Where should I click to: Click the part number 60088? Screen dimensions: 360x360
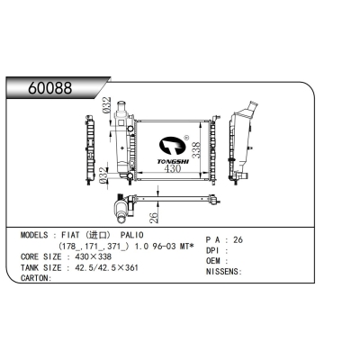click(x=50, y=88)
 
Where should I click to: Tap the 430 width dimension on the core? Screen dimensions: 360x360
click(x=173, y=168)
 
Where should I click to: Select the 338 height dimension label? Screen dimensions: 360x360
click(x=196, y=150)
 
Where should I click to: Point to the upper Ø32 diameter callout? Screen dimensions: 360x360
click(x=106, y=105)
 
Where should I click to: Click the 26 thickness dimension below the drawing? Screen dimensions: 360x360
click(x=153, y=218)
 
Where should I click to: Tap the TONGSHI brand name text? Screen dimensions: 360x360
click(x=173, y=162)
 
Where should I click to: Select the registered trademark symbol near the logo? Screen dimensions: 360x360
click(x=185, y=138)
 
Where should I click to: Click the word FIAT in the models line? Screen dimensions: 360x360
click(x=70, y=235)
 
